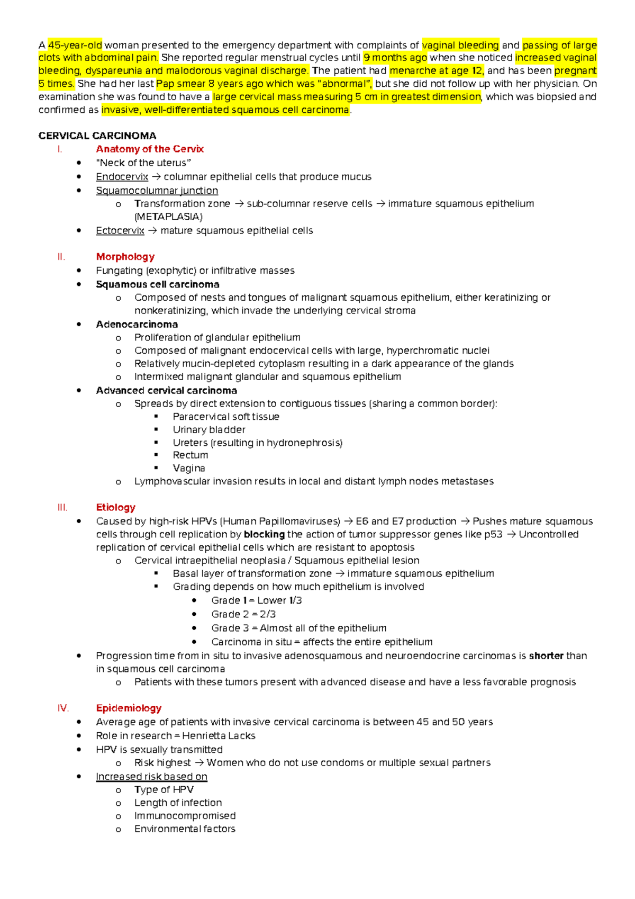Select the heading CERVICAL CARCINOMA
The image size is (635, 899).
97,136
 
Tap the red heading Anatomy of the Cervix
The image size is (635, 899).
150,149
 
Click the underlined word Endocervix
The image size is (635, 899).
122,177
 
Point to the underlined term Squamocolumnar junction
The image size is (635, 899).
157,191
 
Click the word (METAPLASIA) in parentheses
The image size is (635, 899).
168,217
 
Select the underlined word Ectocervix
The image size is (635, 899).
120,231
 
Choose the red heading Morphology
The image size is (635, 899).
125,257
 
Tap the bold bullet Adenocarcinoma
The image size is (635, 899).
137,324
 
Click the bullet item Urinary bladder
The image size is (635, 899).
209,429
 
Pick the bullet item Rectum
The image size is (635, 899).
190,455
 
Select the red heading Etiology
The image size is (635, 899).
115,507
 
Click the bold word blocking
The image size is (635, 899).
264,534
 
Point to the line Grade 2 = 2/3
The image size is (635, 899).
243,614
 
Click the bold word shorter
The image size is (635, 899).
546,655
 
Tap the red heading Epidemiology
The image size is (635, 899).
129,708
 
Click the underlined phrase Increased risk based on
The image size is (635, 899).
151,777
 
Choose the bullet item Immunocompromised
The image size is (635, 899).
185,816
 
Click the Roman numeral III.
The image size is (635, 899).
62,507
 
